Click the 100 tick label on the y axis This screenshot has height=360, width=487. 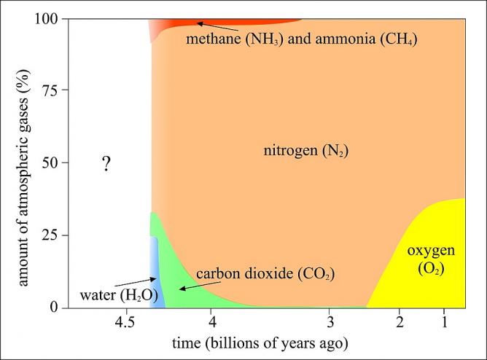click(47, 17)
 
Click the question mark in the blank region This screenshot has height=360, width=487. click(106, 164)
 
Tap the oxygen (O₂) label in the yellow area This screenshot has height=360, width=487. click(431, 259)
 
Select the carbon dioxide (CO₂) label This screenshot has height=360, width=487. click(269, 275)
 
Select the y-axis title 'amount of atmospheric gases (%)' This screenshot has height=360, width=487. click(24, 165)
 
